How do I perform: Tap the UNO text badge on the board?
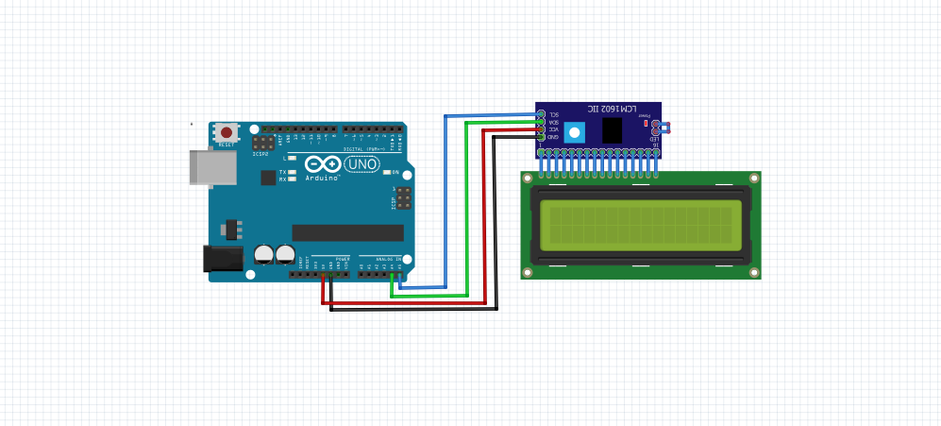click(362, 164)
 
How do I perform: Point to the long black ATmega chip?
click(347, 232)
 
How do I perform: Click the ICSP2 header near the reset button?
click(263, 143)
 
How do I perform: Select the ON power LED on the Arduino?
click(385, 172)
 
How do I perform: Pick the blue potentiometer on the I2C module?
click(574, 131)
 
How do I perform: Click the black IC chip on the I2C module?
click(612, 130)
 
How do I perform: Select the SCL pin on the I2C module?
click(541, 114)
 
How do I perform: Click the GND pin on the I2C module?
click(541, 137)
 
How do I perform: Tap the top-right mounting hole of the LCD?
click(754, 178)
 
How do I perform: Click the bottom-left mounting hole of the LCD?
click(528, 273)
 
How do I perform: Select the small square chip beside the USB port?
click(268, 177)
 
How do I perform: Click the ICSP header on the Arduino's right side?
click(403, 197)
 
